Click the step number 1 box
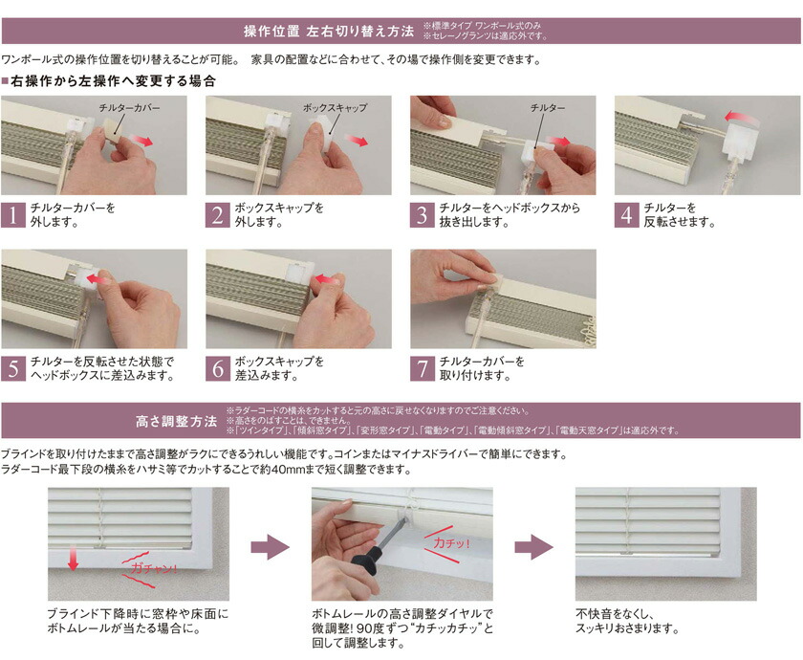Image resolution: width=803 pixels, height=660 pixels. pos(12,215)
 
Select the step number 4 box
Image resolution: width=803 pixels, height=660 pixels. pos(627,215)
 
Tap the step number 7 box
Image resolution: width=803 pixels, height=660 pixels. pos(423,369)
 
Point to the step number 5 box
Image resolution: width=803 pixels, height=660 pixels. pos(12,369)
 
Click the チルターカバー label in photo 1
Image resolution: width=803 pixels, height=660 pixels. pos(129,108)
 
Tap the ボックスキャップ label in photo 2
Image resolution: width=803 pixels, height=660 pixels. pos(335,108)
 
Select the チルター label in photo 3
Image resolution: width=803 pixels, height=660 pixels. pos(548,108)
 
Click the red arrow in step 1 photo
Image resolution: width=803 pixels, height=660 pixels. pos(141,141)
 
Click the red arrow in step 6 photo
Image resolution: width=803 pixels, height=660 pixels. pos(324,279)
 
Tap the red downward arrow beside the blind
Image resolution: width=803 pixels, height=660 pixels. pos(74,559)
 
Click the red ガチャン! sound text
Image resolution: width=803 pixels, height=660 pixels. pos(153,568)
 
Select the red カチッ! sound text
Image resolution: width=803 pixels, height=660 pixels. pos(451,543)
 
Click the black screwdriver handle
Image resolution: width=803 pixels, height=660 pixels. pos(368,562)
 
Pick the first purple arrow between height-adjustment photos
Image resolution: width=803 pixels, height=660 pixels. pos(270,547)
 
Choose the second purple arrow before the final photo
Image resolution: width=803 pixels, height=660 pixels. pos(533,547)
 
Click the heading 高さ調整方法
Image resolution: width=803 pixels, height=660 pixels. pos(177,422)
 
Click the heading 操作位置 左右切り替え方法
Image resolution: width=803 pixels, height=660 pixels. pos(329,32)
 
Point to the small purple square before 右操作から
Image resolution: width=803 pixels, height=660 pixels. pos(5,81)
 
